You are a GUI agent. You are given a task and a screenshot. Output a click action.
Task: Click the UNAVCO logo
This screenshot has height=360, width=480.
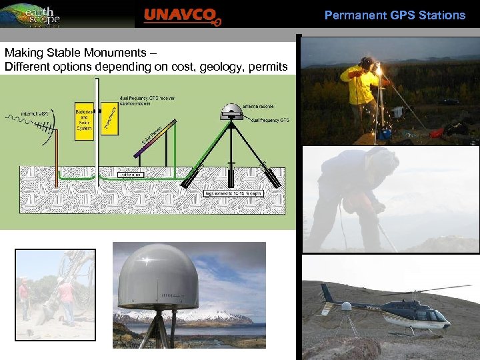click(181, 15)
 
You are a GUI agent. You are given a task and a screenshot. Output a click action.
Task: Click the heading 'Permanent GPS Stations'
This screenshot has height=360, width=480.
click(395, 15)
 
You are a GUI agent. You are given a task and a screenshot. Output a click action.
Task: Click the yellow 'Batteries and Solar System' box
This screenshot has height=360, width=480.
click(84, 122)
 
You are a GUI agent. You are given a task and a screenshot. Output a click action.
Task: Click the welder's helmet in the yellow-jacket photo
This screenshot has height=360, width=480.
click(366, 64)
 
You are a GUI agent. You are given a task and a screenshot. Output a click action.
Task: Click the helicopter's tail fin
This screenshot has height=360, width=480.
click(327, 294)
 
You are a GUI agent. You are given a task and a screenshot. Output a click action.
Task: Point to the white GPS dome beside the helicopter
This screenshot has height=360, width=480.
click(346, 307)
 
